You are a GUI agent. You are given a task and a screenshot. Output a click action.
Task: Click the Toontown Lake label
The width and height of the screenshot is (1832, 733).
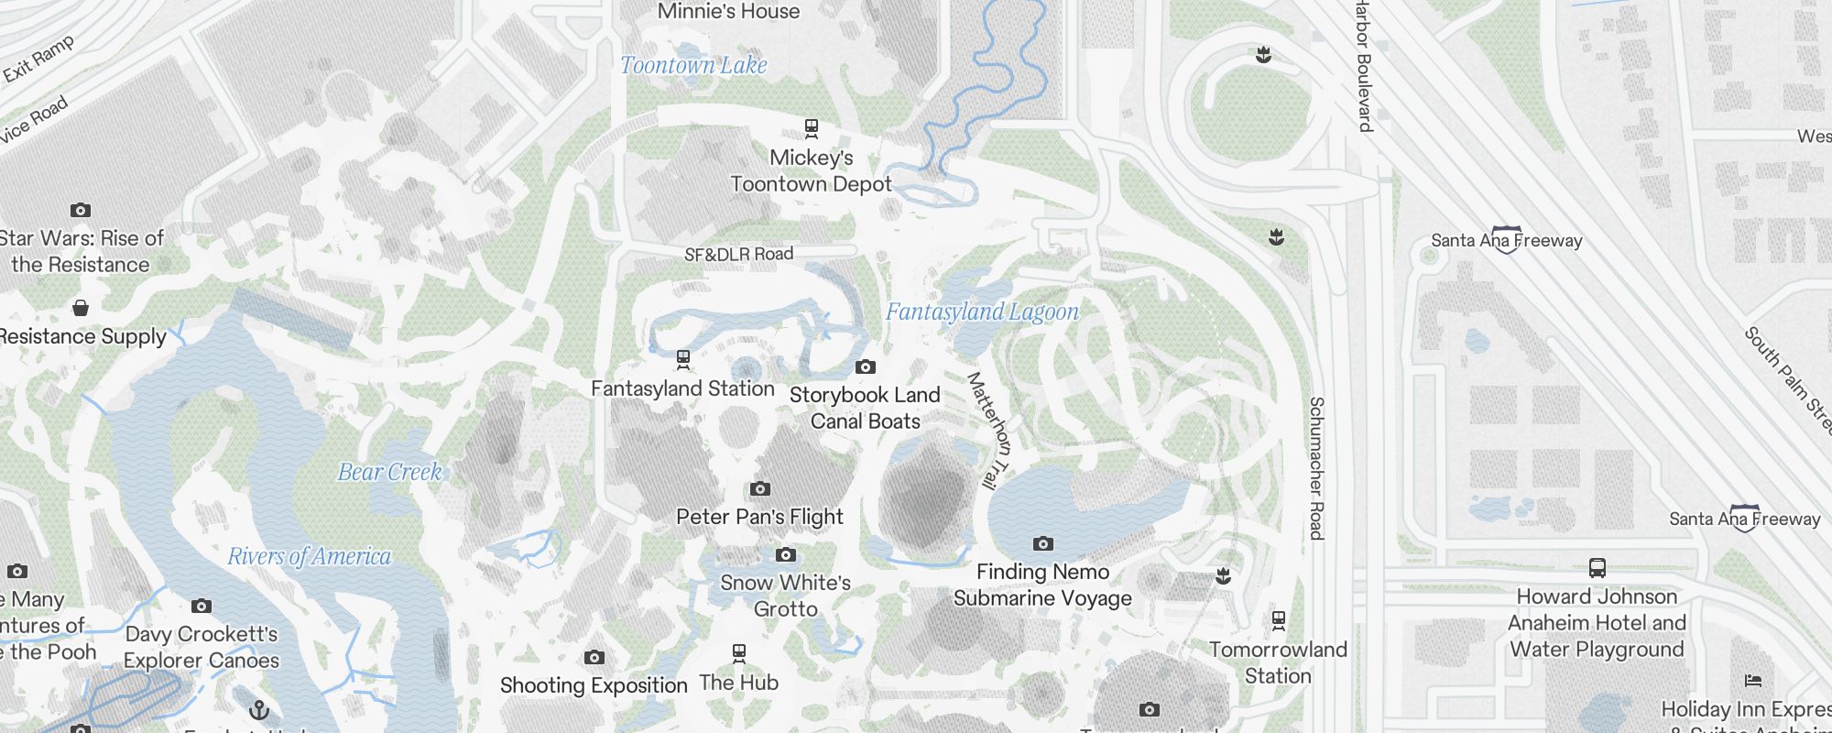click(693, 65)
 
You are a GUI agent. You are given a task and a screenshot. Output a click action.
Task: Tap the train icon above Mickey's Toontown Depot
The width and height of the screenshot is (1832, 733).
click(811, 127)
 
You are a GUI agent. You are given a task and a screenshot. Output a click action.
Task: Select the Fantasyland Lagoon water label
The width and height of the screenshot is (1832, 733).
click(982, 312)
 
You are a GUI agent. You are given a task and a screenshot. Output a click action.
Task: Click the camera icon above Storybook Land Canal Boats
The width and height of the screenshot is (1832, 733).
click(865, 367)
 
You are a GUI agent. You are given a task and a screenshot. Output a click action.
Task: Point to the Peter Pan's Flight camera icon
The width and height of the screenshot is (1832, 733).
click(759, 488)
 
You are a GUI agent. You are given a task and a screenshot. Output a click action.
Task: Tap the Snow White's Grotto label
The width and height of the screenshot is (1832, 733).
click(785, 596)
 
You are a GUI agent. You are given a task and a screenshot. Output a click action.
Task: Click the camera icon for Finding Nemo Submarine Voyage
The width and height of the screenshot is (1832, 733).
click(1042, 543)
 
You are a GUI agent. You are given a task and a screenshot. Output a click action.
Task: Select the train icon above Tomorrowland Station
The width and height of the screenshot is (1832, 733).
click(1278, 621)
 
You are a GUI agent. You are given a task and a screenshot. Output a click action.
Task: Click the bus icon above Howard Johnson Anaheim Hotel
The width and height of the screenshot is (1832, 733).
click(1597, 568)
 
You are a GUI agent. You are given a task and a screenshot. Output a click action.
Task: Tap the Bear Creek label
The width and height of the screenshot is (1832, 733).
click(389, 472)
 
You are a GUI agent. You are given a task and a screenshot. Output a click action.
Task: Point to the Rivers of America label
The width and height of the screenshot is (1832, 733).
click(309, 556)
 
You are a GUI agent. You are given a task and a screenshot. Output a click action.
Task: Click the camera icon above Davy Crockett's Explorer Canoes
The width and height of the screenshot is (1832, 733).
click(202, 606)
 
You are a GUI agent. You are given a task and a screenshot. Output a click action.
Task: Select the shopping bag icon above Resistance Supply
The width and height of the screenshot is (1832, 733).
click(81, 307)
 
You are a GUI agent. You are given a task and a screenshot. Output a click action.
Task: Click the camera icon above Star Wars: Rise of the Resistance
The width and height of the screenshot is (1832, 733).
click(81, 210)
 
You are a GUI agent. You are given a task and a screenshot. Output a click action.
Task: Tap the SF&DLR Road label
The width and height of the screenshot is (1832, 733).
click(738, 254)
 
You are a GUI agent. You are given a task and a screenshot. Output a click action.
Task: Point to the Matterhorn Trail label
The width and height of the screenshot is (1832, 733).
click(989, 429)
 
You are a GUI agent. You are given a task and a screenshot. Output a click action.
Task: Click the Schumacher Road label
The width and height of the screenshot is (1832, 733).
click(1316, 467)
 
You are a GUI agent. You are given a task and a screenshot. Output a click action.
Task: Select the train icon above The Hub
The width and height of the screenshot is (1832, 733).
click(738, 653)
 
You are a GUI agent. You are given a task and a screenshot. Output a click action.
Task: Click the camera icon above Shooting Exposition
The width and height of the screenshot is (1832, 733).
click(594, 657)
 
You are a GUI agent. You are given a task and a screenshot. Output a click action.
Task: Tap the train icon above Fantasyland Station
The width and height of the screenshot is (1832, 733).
click(682, 358)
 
